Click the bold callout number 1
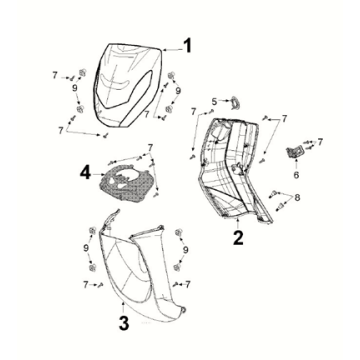pos(188,46)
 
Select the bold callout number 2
pos(238,238)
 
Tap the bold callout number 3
pos(124,323)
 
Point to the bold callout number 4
pos(85,173)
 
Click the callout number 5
pos(214,101)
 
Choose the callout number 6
pos(296,174)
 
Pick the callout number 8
pos(297,198)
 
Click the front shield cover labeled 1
pos(127,85)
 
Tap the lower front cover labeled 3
pos(140,267)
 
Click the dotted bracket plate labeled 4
pos(128,182)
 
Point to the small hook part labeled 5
pos(236,102)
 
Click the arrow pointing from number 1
pos(172,50)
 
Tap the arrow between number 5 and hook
pos(224,100)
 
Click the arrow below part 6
pos(296,164)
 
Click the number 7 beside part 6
pos(320,142)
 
